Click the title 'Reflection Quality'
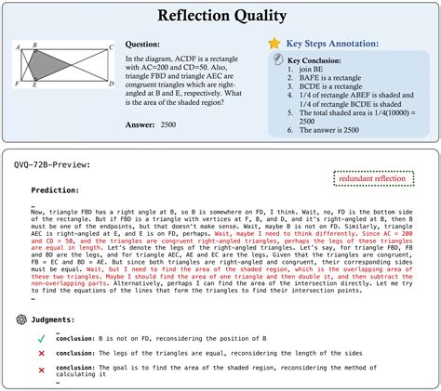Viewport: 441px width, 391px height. click(220, 16)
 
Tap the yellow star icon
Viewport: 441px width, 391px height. click(273, 44)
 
